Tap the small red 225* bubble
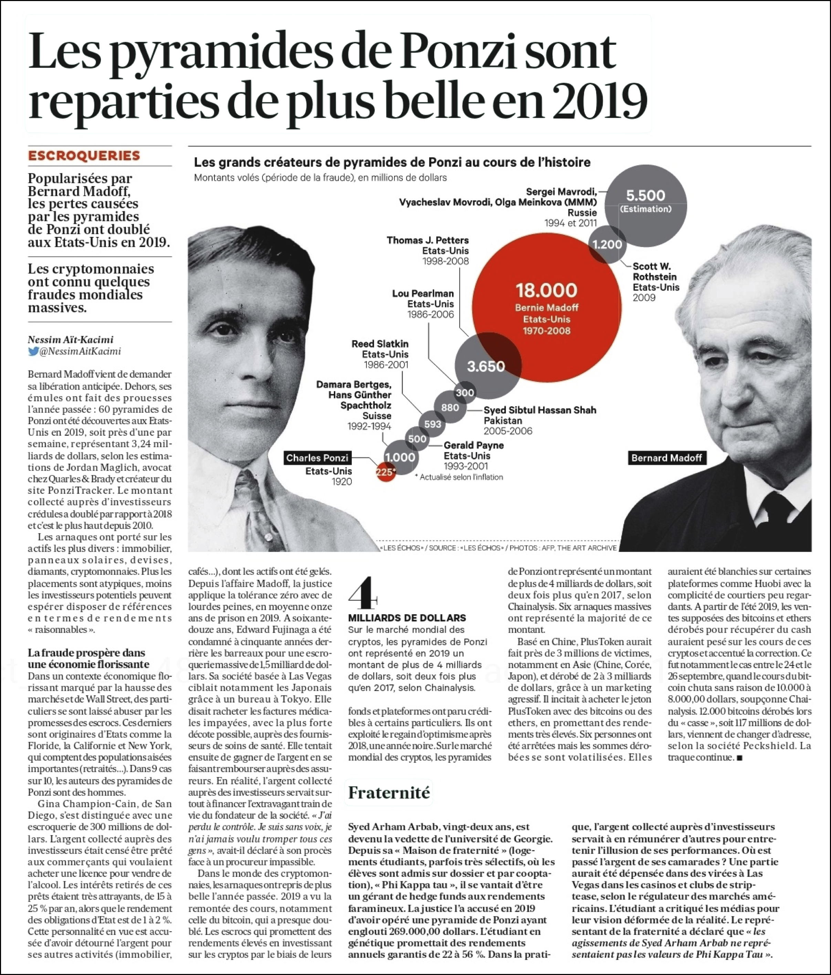tap(385, 472)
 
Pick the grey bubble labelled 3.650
tap(486, 366)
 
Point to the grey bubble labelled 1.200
tap(608, 244)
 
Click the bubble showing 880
tap(450, 408)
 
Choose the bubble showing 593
tap(432, 424)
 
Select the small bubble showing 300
tap(465, 392)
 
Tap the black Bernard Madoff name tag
tap(666, 458)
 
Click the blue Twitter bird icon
tap(33, 351)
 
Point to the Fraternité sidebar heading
tap(389, 793)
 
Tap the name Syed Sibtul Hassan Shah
tap(540, 410)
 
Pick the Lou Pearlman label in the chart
tap(423, 294)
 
